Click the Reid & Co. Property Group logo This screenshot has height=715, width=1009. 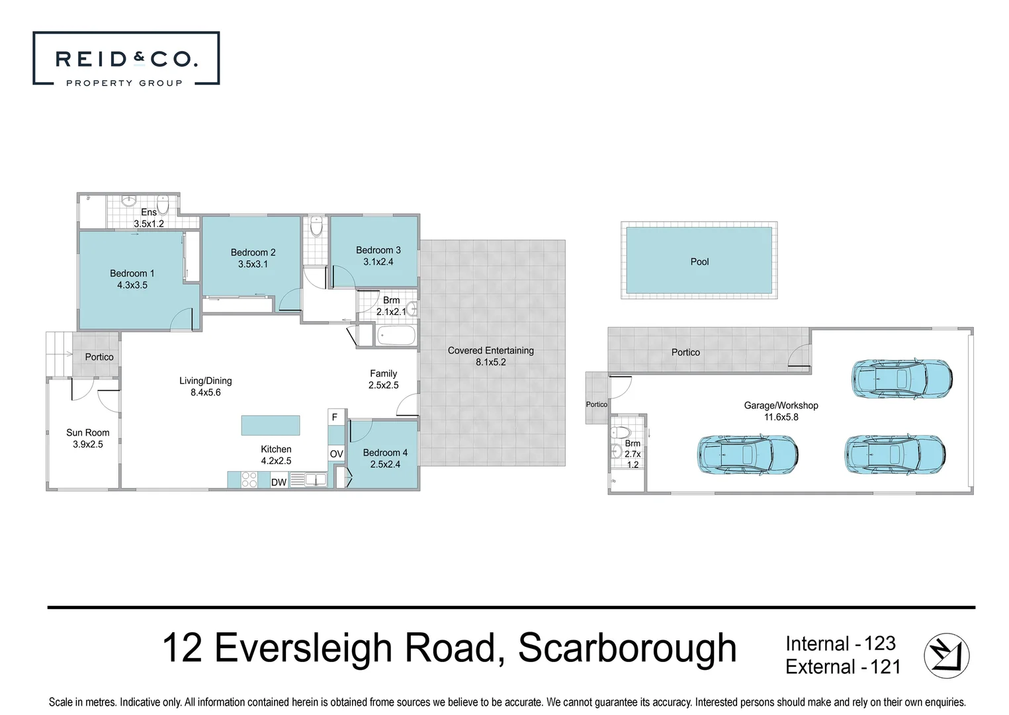click(126, 59)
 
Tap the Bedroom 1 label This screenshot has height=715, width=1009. click(132, 273)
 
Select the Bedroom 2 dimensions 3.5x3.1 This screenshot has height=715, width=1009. click(253, 264)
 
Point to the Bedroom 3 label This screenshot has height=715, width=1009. click(378, 250)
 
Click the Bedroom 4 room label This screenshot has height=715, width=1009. click(385, 453)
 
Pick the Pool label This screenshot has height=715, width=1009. click(699, 262)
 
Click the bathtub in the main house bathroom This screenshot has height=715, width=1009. click(396, 336)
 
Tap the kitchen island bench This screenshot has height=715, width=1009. click(270, 425)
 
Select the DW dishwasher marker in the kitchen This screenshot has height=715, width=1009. click(279, 482)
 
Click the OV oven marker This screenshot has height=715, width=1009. click(336, 453)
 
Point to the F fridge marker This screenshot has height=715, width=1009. click(335, 417)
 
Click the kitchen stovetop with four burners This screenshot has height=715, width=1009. click(249, 479)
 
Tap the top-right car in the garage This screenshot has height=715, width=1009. click(901, 379)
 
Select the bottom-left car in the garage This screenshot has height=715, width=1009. click(747, 454)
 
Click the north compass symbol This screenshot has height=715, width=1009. click(946, 655)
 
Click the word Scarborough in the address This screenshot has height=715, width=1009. click(627, 648)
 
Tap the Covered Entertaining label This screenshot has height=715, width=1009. click(490, 350)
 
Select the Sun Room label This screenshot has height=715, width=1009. click(88, 432)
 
